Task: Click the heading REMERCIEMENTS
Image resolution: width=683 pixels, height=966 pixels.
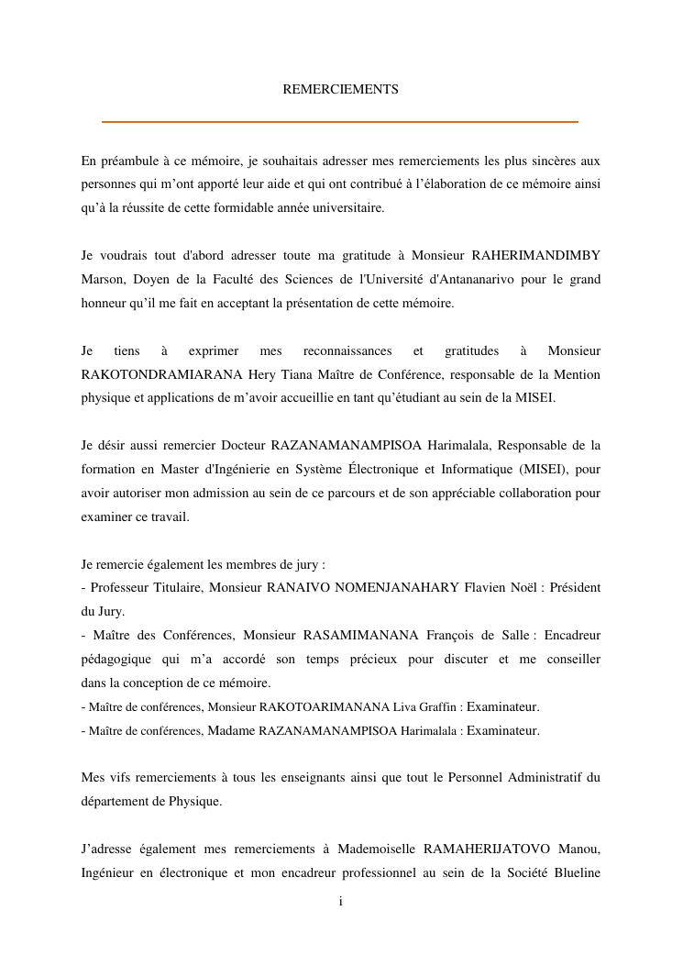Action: (x=340, y=90)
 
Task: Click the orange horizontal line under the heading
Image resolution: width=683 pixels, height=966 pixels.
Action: (x=340, y=121)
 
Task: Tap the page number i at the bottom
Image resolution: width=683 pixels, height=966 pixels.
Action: (x=341, y=902)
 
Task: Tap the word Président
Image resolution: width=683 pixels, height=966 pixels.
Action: (x=578, y=587)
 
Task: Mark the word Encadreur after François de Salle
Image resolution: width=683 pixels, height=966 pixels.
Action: (x=573, y=635)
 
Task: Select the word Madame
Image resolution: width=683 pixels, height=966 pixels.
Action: (x=231, y=731)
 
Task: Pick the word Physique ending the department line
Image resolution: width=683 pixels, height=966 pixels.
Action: (x=193, y=802)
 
